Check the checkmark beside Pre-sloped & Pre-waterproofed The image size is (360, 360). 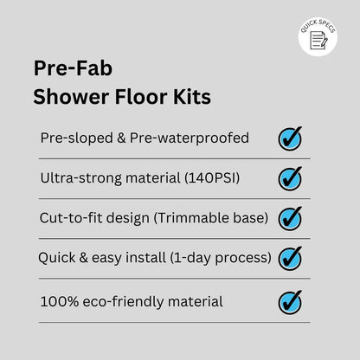click(290, 138)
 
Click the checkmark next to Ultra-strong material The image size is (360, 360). click(290, 178)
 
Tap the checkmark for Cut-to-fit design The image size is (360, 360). click(290, 219)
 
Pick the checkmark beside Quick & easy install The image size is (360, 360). click(290, 258)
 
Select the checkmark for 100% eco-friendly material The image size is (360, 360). click(290, 302)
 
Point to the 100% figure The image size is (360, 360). click(56, 302)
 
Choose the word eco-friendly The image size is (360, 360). click(116, 302)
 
